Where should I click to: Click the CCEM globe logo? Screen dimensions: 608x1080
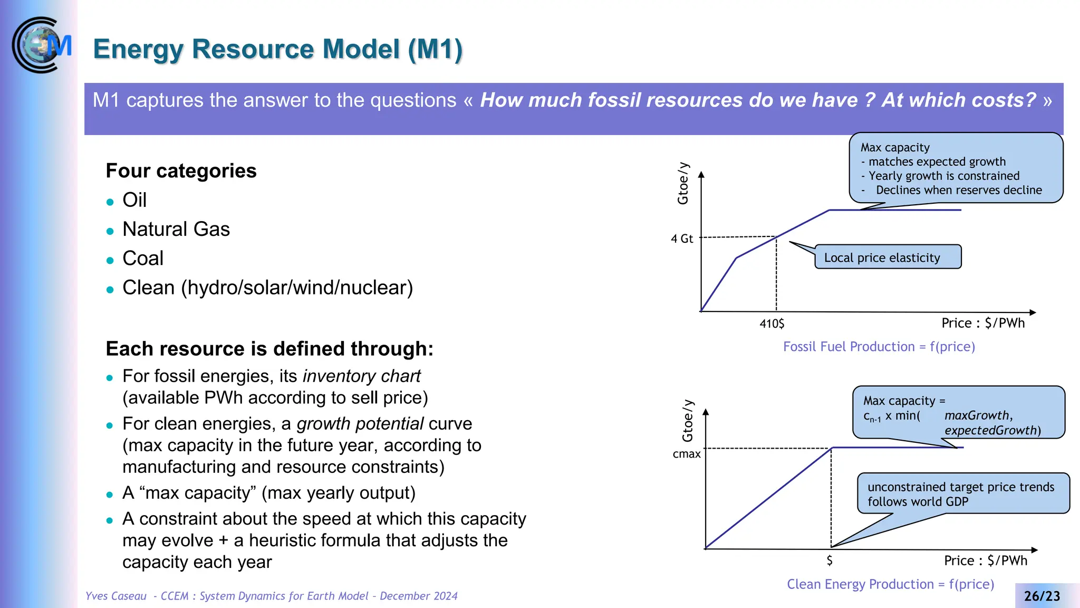[x=41, y=45]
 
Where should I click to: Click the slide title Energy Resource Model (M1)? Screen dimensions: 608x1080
[x=277, y=49]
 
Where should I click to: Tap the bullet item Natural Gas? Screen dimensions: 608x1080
[x=176, y=229]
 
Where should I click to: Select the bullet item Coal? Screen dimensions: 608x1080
[x=142, y=258]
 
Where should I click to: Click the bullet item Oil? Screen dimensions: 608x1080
[x=134, y=200]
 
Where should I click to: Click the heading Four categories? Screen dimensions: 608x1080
[x=181, y=170]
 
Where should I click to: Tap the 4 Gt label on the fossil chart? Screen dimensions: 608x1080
[x=681, y=239]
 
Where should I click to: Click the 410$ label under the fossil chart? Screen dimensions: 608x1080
[x=772, y=324]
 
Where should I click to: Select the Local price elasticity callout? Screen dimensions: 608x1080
[x=887, y=257]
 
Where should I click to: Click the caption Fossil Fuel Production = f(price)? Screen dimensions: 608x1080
[x=879, y=347]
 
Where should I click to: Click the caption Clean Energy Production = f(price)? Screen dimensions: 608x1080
[x=890, y=584]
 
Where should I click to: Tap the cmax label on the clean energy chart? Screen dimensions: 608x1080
[x=686, y=454]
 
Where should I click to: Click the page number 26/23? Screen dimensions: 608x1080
[x=1042, y=596]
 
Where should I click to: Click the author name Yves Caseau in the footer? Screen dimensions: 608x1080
[x=116, y=596]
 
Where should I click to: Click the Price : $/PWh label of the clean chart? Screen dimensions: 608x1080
[x=985, y=560]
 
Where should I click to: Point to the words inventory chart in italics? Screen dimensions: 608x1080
[x=361, y=376]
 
